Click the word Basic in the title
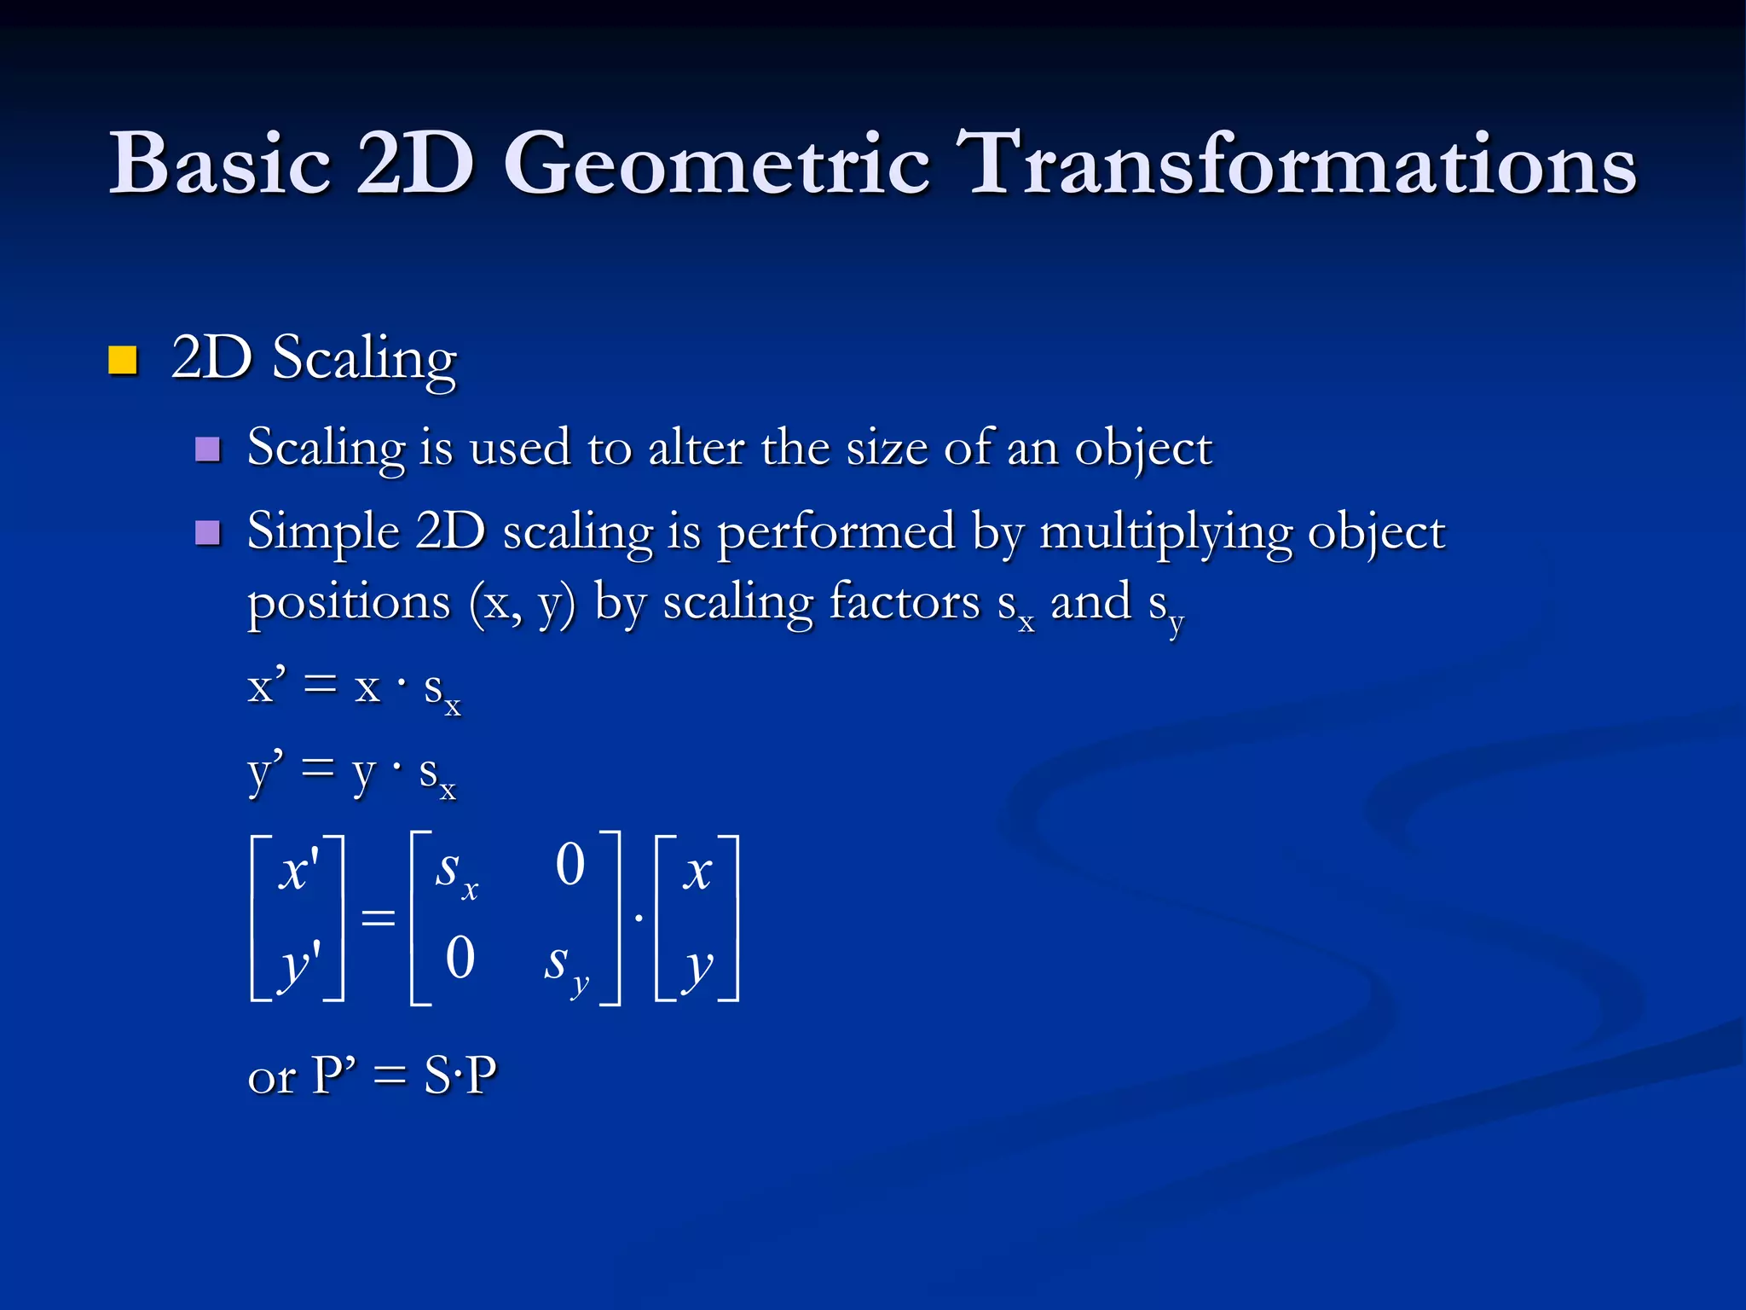[219, 164]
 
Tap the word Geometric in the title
[716, 164]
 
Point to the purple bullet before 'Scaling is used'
[207, 449]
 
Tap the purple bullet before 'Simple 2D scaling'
[207, 533]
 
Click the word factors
[905, 602]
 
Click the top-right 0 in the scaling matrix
[570, 865]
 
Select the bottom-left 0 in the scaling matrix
[460, 958]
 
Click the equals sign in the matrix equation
[378, 918]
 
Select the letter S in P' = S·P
[437, 1075]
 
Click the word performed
[835, 533]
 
